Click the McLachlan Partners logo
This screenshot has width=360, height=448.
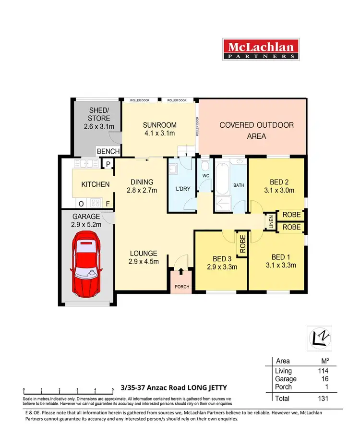[x=261, y=49]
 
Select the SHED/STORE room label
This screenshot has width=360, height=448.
[x=99, y=118]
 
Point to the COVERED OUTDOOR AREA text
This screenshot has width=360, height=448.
[x=256, y=130]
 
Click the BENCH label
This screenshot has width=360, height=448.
[x=108, y=151]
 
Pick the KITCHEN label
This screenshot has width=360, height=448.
[x=95, y=184]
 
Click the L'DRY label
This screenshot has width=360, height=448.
[x=183, y=189]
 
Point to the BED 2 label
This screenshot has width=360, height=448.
[x=276, y=186]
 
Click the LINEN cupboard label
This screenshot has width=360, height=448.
[x=272, y=222]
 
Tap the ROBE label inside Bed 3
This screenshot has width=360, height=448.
[x=242, y=244]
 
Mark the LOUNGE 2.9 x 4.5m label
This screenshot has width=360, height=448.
[x=143, y=257]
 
